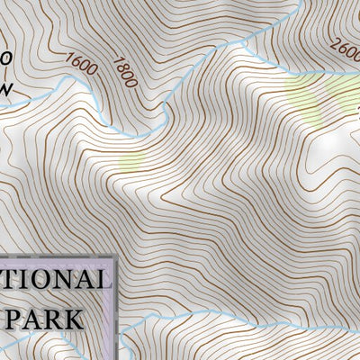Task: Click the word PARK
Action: point(44,319)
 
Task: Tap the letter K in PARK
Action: point(73,319)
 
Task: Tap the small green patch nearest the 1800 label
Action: point(131,162)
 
